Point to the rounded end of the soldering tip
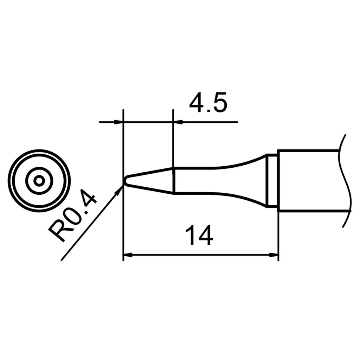pyautogui.click(x=124, y=181)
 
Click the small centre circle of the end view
pyautogui.click(x=39, y=181)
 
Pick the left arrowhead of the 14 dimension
pyautogui.click(x=127, y=255)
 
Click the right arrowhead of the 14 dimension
pyautogui.click(x=274, y=255)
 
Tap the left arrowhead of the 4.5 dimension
pyautogui.click(x=119, y=122)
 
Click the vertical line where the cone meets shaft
pyautogui.click(x=174, y=181)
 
